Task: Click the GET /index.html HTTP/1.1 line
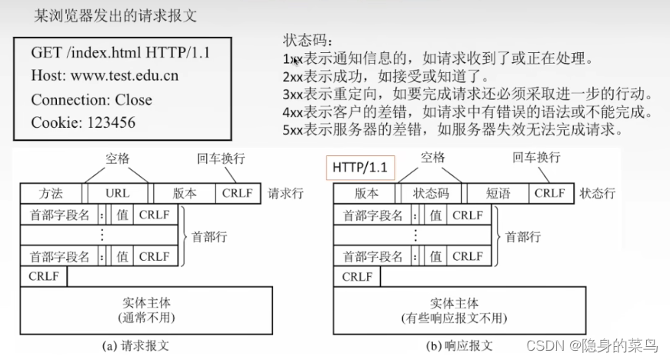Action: [x=120, y=53]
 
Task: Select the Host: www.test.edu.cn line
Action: [x=105, y=76]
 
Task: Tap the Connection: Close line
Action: [x=92, y=99]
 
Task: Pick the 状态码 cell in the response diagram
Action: [x=430, y=193]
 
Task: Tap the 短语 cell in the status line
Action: [x=498, y=193]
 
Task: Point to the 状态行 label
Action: [x=597, y=193]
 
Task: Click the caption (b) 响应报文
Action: [x=459, y=345]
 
